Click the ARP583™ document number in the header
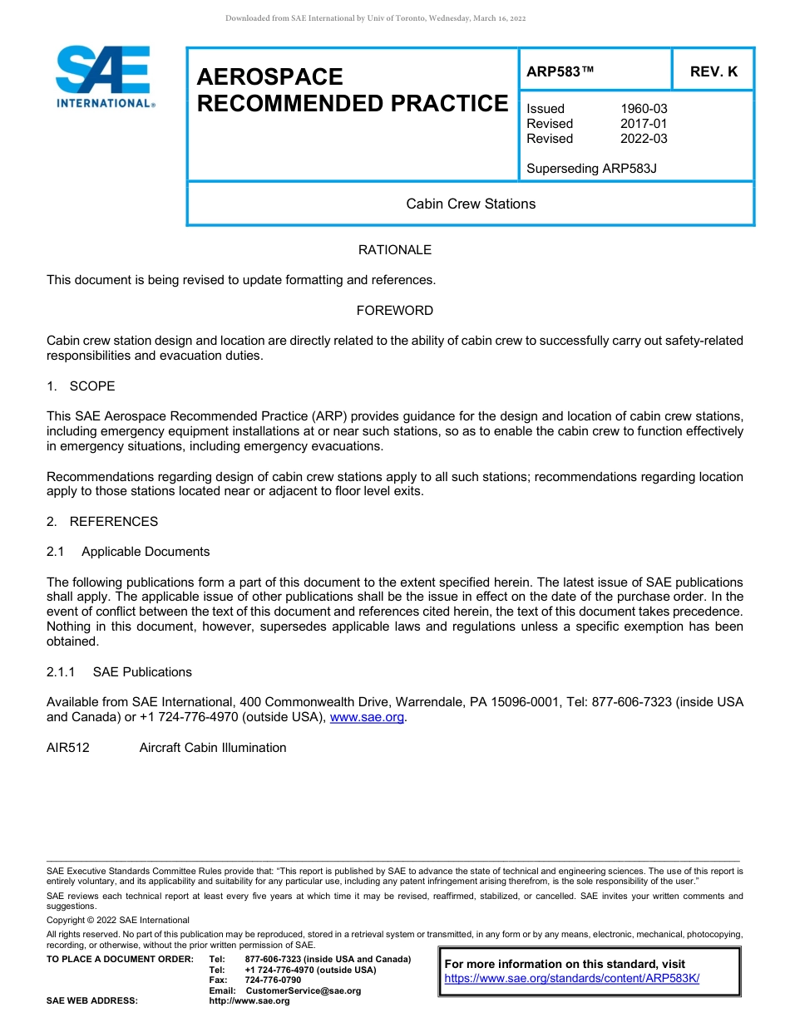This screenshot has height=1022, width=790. point(560,71)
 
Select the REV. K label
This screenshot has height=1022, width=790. point(713,71)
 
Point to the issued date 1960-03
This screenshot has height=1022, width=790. point(644,109)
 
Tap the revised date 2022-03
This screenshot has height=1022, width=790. point(644,139)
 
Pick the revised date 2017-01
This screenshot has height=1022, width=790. point(644,124)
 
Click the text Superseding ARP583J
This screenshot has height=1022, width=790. point(591,169)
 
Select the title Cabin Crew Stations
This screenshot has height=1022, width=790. point(471,204)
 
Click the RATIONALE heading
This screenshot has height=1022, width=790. point(394,250)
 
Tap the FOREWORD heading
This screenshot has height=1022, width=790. point(394,311)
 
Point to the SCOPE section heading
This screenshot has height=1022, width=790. point(91,386)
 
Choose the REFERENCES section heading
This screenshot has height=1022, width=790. point(113,522)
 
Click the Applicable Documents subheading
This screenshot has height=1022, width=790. point(146,552)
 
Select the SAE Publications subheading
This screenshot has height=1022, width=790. point(142,672)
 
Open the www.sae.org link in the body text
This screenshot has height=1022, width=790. point(367,717)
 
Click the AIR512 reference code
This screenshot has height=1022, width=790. point(68,748)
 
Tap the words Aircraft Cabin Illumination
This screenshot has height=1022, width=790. point(213,748)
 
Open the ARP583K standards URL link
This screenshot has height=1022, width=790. point(572,979)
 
